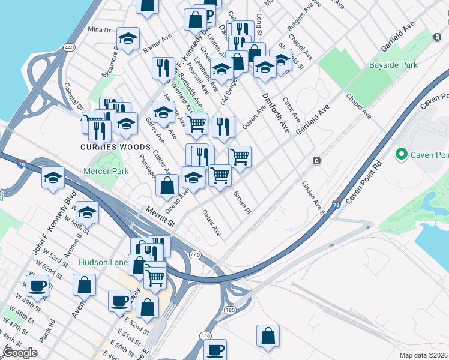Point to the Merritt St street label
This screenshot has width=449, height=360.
160,217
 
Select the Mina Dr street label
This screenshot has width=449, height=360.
100,29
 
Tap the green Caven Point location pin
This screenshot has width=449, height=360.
401,155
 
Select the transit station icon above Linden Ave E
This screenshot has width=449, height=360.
316,161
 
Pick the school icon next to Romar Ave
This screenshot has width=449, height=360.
128,40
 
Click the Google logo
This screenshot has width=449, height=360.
20,353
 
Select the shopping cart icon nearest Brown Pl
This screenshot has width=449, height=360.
220,175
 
